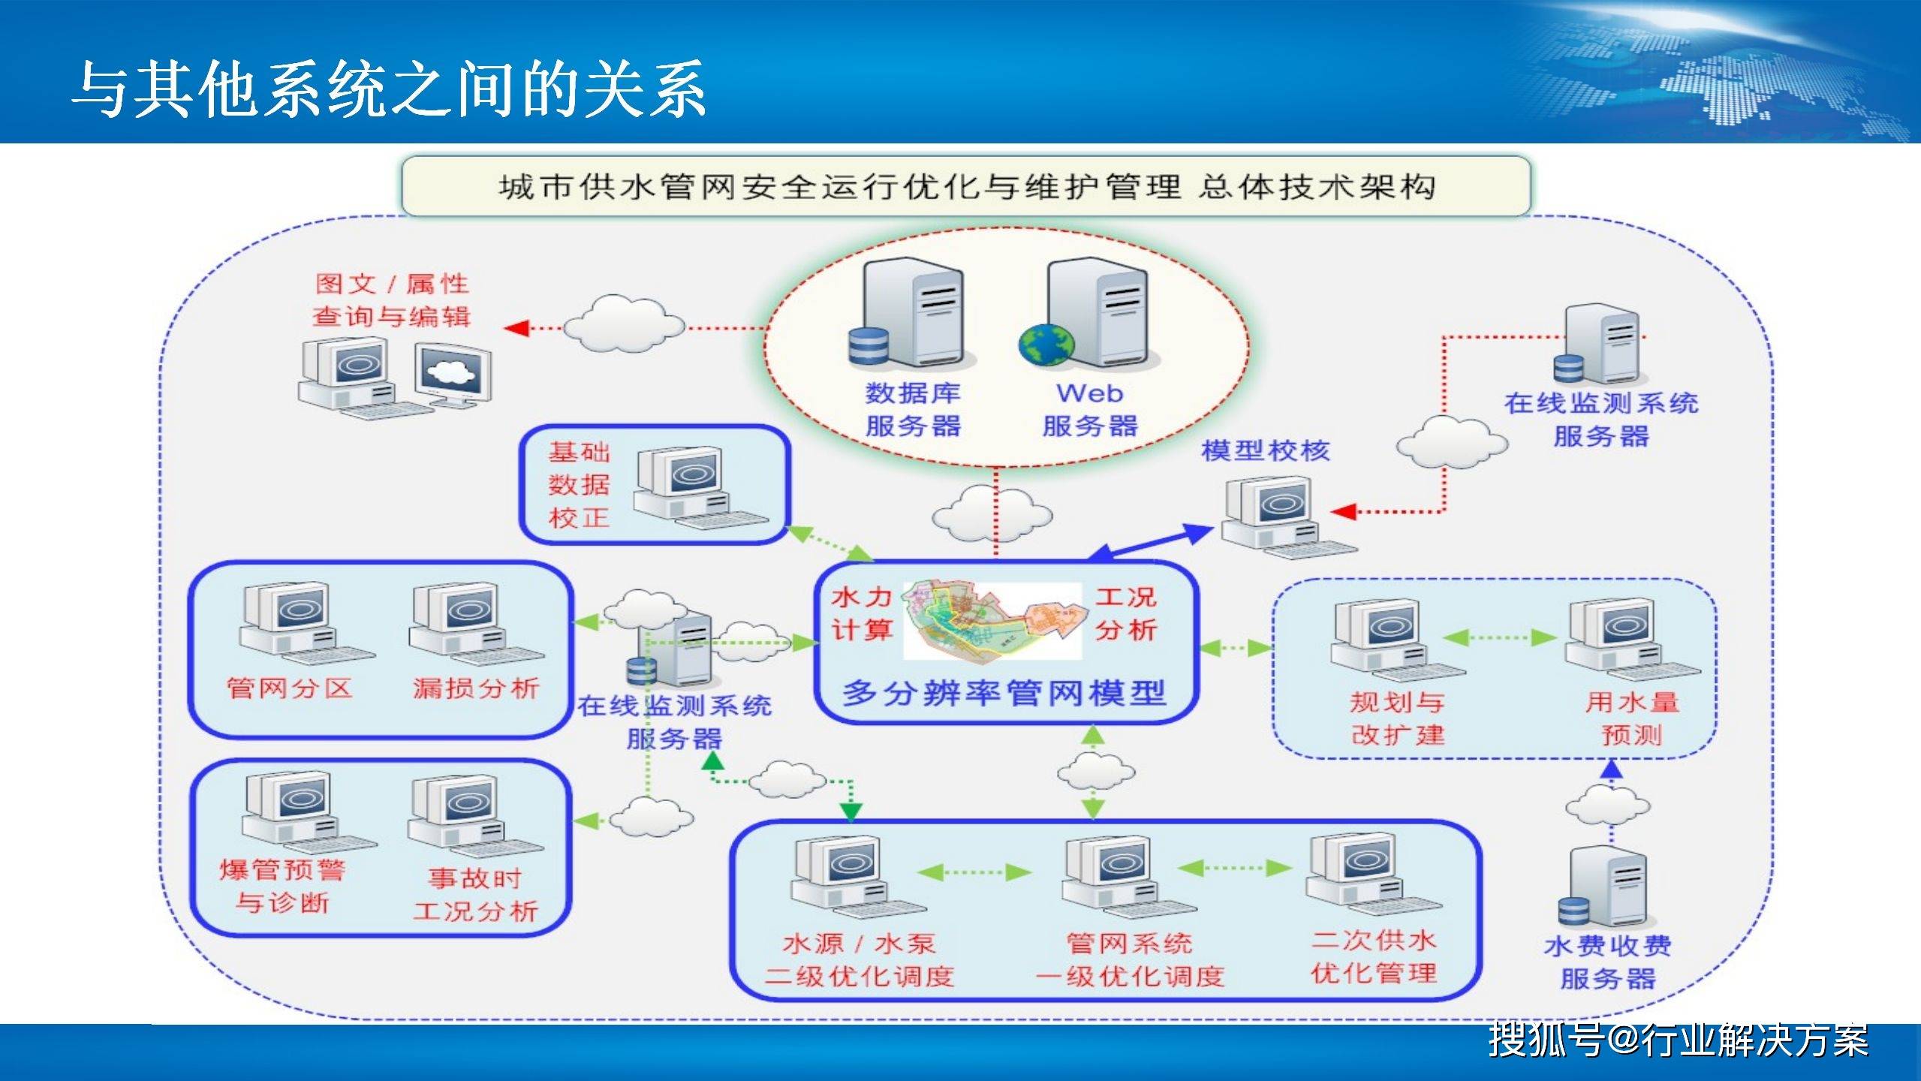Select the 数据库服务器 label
[913, 409]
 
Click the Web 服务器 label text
[1090, 409]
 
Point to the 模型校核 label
[1266, 450]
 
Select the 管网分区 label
[290, 688]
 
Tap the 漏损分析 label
[476, 688]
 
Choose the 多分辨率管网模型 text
[1004, 692]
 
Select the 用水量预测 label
[1632, 718]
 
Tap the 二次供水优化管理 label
[1374, 957]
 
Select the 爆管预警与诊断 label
[282, 886]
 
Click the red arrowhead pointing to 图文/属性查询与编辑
[516, 328]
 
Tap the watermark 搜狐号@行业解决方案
[1679, 1040]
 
